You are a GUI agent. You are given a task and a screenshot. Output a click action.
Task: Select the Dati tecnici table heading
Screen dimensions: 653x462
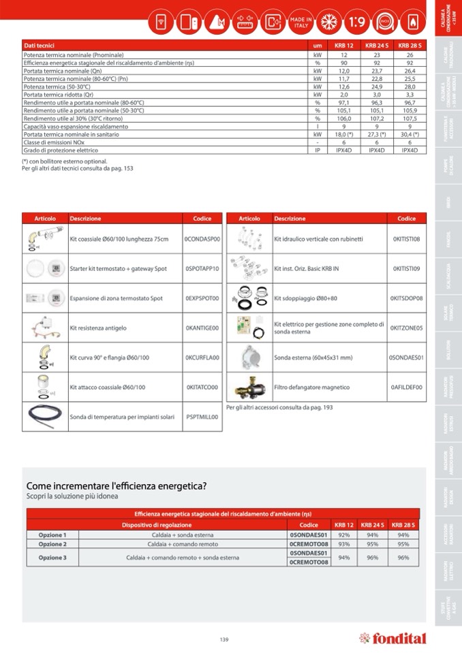40,46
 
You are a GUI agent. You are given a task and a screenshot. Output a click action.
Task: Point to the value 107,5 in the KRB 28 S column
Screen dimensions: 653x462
410,118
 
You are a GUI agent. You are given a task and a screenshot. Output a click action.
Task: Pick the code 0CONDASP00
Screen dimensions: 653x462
202,240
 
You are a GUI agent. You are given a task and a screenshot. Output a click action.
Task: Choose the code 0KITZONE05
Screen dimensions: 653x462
406,328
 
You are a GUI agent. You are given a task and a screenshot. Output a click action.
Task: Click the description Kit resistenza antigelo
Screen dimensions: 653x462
98,328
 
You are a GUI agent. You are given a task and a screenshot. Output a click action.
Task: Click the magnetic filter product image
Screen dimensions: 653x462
248,387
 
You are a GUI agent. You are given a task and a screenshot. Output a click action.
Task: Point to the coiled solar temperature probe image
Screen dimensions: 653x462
44,416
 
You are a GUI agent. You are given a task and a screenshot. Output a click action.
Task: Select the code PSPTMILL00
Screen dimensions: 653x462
202,417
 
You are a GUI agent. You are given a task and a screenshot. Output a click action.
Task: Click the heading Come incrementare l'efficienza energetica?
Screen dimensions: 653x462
117,485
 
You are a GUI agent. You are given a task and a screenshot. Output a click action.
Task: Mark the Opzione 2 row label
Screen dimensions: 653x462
52,544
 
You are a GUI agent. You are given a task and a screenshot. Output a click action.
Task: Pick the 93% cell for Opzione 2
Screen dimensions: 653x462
344,544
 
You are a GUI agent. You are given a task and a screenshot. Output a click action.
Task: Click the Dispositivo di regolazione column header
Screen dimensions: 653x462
157,525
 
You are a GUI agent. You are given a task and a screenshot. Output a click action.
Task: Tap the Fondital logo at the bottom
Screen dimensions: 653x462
392,638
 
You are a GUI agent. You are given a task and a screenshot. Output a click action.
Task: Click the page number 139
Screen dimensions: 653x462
224,639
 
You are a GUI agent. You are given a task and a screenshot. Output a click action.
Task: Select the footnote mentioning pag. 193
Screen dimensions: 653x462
279,407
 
